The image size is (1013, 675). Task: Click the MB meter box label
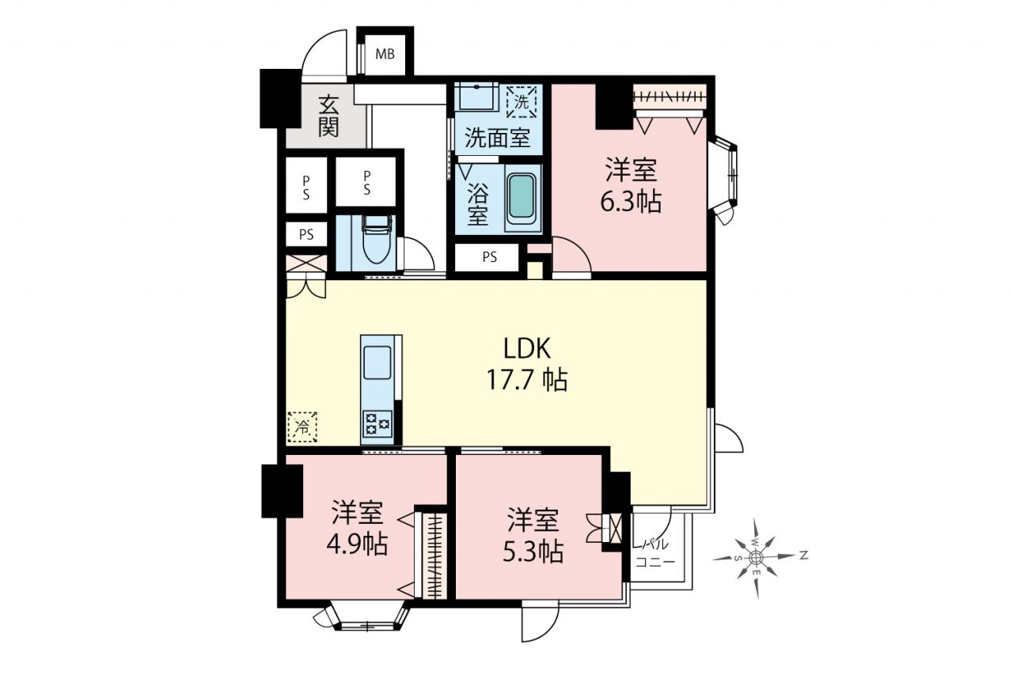point(385,55)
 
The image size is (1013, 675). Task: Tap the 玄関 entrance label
point(328,116)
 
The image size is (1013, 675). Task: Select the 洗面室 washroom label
point(498,137)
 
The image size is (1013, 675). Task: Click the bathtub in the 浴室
point(522,198)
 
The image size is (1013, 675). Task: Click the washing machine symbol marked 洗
point(522,102)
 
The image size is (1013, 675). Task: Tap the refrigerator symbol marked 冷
point(302,427)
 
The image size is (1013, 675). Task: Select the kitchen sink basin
point(377,362)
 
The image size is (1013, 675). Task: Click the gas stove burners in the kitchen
point(378,423)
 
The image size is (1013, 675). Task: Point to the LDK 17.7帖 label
point(527,364)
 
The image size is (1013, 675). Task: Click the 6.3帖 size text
point(631,202)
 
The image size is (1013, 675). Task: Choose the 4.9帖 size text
point(357,544)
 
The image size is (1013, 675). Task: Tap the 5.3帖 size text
point(533,552)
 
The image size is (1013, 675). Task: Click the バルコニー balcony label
point(654,553)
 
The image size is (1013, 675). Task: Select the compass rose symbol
point(756,559)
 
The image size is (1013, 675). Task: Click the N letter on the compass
point(803,556)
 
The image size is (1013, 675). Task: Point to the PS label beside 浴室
point(489,257)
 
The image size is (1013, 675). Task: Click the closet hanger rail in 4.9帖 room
point(436,556)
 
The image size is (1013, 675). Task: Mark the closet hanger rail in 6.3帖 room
point(670,96)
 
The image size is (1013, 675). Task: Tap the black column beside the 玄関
point(280,98)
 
